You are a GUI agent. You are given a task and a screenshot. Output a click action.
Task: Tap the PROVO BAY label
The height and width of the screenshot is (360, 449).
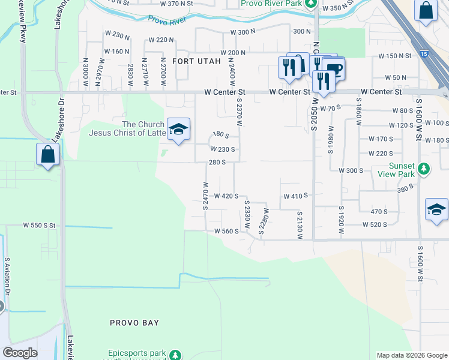134,323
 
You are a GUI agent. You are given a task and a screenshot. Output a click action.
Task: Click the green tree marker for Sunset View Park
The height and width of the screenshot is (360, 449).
424,168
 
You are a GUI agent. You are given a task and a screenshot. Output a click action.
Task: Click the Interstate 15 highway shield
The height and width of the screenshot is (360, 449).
424,55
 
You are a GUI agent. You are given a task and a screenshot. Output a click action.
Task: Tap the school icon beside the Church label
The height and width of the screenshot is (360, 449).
178,130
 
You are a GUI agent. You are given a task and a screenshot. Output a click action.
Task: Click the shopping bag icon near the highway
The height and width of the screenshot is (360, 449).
426,11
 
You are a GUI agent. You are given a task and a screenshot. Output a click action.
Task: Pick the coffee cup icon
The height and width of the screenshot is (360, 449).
334,69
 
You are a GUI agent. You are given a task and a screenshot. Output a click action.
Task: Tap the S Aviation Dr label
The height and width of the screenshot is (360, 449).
8,277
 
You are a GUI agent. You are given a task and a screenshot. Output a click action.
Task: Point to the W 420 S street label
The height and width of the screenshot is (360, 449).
227,196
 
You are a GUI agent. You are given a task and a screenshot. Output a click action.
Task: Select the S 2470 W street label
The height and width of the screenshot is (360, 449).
205,196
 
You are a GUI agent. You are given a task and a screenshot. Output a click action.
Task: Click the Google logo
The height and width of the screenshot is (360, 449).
20,353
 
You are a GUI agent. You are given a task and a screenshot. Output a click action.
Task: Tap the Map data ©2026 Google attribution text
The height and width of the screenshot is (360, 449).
411,355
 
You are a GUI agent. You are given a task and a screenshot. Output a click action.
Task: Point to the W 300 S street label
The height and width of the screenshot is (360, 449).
351,170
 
